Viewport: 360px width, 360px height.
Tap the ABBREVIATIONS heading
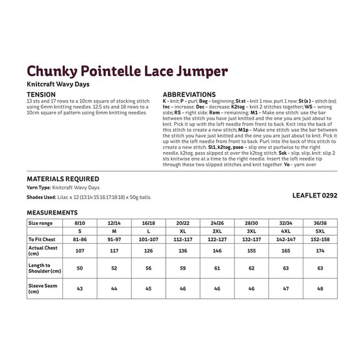pyautogui.click(x=189, y=95)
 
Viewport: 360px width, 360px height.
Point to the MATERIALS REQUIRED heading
pyautogui.click(x=63, y=179)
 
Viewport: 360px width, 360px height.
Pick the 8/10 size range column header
pyautogui.click(x=80, y=222)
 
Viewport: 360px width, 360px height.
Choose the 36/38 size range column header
pyautogui.click(x=320, y=222)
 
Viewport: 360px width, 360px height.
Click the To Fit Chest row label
pyautogui.click(x=42, y=239)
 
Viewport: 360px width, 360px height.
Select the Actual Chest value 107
pyautogui.click(x=80, y=250)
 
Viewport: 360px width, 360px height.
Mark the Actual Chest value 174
pyautogui.click(x=320, y=250)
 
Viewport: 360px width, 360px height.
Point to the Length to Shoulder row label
pyautogui.click(x=44, y=267)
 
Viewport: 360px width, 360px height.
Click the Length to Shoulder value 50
pyautogui.click(x=80, y=267)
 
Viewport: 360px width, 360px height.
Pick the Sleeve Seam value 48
pyautogui.click(x=320, y=289)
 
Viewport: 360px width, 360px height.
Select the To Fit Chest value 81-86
pyautogui.click(x=80, y=239)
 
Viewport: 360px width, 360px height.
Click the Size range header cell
pyautogui.click(x=40, y=222)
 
